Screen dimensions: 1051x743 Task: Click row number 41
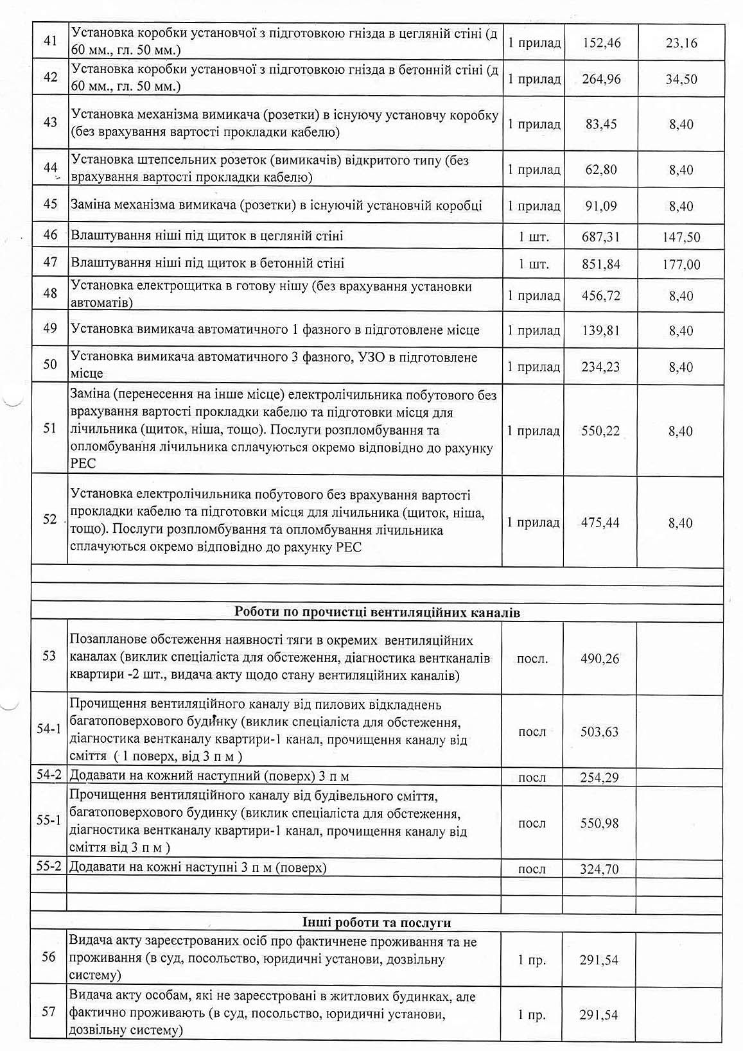pyautogui.click(x=50, y=41)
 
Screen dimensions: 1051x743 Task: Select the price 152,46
pyautogui.click(x=601, y=44)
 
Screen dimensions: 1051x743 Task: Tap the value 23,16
pyautogui.click(x=681, y=44)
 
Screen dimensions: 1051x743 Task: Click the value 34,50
pyautogui.click(x=681, y=80)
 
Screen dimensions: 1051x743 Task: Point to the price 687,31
pyautogui.click(x=600, y=237)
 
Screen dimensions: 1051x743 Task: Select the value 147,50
pyautogui.click(x=681, y=238)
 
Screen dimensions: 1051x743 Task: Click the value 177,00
pyautogui.click(x=681, y=265)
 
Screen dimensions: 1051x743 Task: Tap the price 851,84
pyautogui.click(x=600, y=264)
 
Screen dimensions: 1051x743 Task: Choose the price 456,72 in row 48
pyautogui.click(x=600, y=296)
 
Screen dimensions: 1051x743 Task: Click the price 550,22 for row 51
pyautogui.click(x=600, y=431)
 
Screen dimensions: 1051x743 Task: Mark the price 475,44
pyautogui.click(x=600, y=523)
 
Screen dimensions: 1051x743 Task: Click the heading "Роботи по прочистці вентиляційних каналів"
pyautogui.click(x=377, y=612)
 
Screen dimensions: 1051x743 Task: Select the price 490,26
pyautogui.click(x=600, y=659)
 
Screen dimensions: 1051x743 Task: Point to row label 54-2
pyautogui.click(x=49, y=775)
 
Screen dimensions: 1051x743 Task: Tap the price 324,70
pyautogui.click(x=600, y=869)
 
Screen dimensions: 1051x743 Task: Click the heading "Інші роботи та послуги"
pyautogui.click(x=377, y=923)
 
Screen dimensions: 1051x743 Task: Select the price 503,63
pyautogui.click(x=600, y=732)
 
